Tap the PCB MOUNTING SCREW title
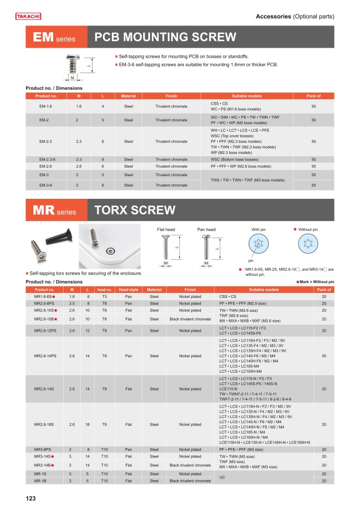(x=166, y=38)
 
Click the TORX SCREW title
(x=135, y=210)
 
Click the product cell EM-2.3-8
(x=46, y=159)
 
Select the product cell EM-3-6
(x=46, y=184)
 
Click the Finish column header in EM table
(x=171, y=96)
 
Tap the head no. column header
(x=105, y=289)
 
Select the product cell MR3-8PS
(x=44, y=449)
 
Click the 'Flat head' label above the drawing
(x=166, y=229)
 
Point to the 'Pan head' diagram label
(x=206, y=229)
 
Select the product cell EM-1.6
(x=46, y=106)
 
